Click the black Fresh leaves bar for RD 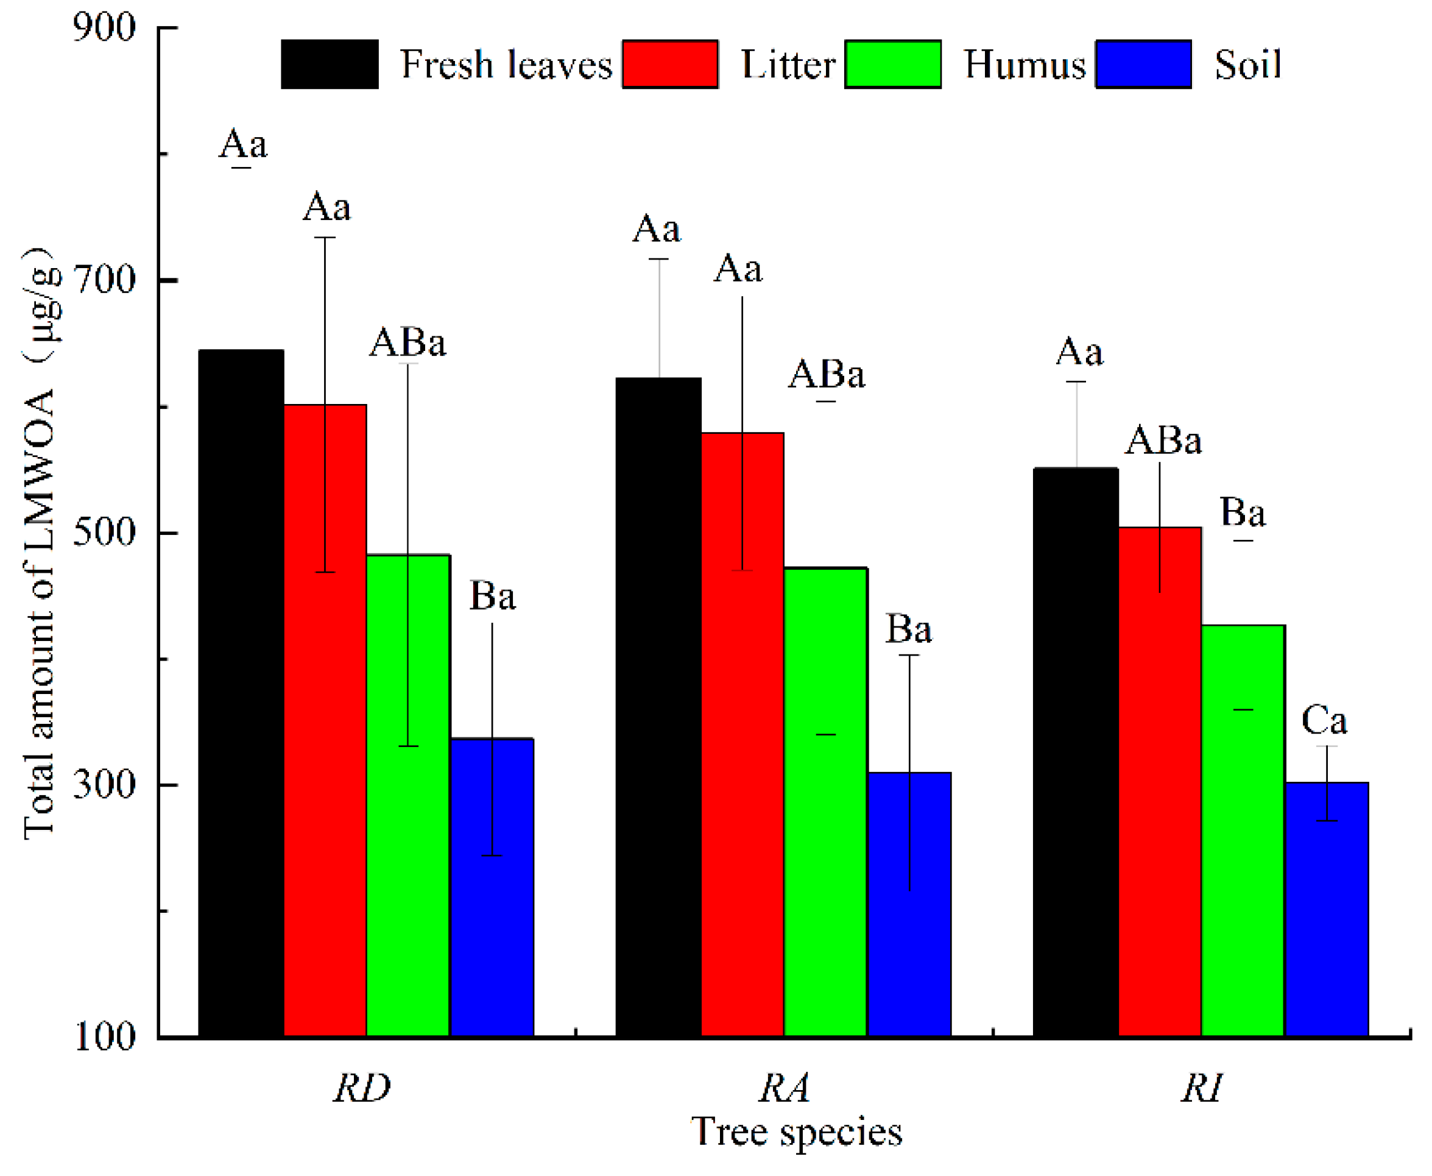pyautogui.click(x=241, y=691)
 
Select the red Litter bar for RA pyautogui.click(x=742, y=732)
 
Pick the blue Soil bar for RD pyautogui.click(x=492, y=887)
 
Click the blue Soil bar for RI pyautogui.click(x=1327, y=908)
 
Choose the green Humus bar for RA pyautogui.click(x=825, y=799)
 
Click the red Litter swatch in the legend pyautogui.click(x=669, y=65)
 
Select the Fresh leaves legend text pyautogui.click(x=506, y=65)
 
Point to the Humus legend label pyautogui.click(x=1024, y=65)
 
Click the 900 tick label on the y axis pyautogui.click(x=104, y=29)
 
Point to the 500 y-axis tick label pyautogui.click(x=104, y=533)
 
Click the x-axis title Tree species pyautogui.click(x=796, y=1132)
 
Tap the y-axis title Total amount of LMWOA pyautogui.click(x=39, y=542)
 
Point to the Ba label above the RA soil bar pyautogui.click(x=909, y=629)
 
